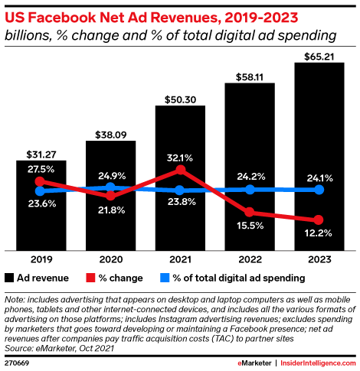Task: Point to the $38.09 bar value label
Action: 110,132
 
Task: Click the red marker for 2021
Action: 180,170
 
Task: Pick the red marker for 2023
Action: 319,220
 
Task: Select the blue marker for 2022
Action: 250,189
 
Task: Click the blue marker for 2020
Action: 110,187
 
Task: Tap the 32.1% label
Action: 180,158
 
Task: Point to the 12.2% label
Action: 319,233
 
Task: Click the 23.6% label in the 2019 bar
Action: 41,203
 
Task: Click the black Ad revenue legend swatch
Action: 10,278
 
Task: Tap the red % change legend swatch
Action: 91,278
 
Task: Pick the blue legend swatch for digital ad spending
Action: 163,278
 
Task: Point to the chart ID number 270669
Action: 18,360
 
